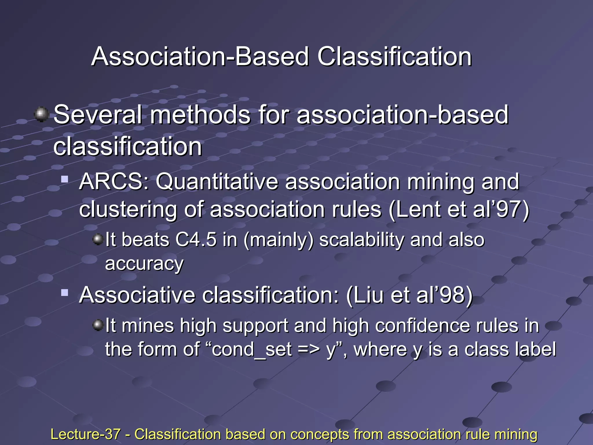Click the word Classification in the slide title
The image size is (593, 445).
click(394, 56)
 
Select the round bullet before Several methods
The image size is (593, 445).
click(41, 114)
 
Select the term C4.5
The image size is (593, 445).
click(196, 240)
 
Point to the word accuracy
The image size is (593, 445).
click(144, 264)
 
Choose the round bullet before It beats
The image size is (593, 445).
click(98, 239)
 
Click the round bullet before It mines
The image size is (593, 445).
click(98, 325)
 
